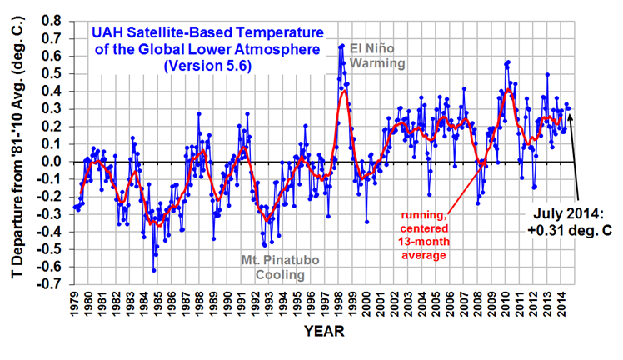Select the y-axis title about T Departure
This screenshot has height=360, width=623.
pos(17,150)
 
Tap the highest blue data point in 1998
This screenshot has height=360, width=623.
pos(343,45)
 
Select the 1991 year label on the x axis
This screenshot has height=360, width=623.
pos(247,303)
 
